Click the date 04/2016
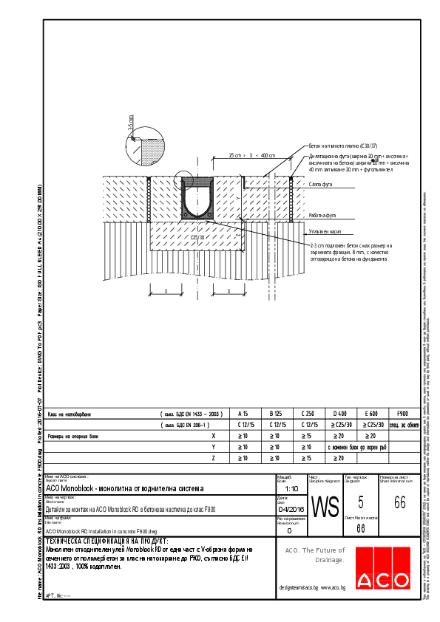pos(291,509)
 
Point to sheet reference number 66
pos(399,503)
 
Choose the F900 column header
pos(403,414)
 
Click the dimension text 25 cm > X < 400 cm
pos(252,156)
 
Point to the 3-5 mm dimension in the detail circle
pos(132,123)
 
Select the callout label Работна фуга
pos(323,216)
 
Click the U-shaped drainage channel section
pos(198,199)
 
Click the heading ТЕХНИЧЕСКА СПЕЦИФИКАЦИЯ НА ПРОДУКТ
pos(106,541)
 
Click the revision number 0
pos(289,531)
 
